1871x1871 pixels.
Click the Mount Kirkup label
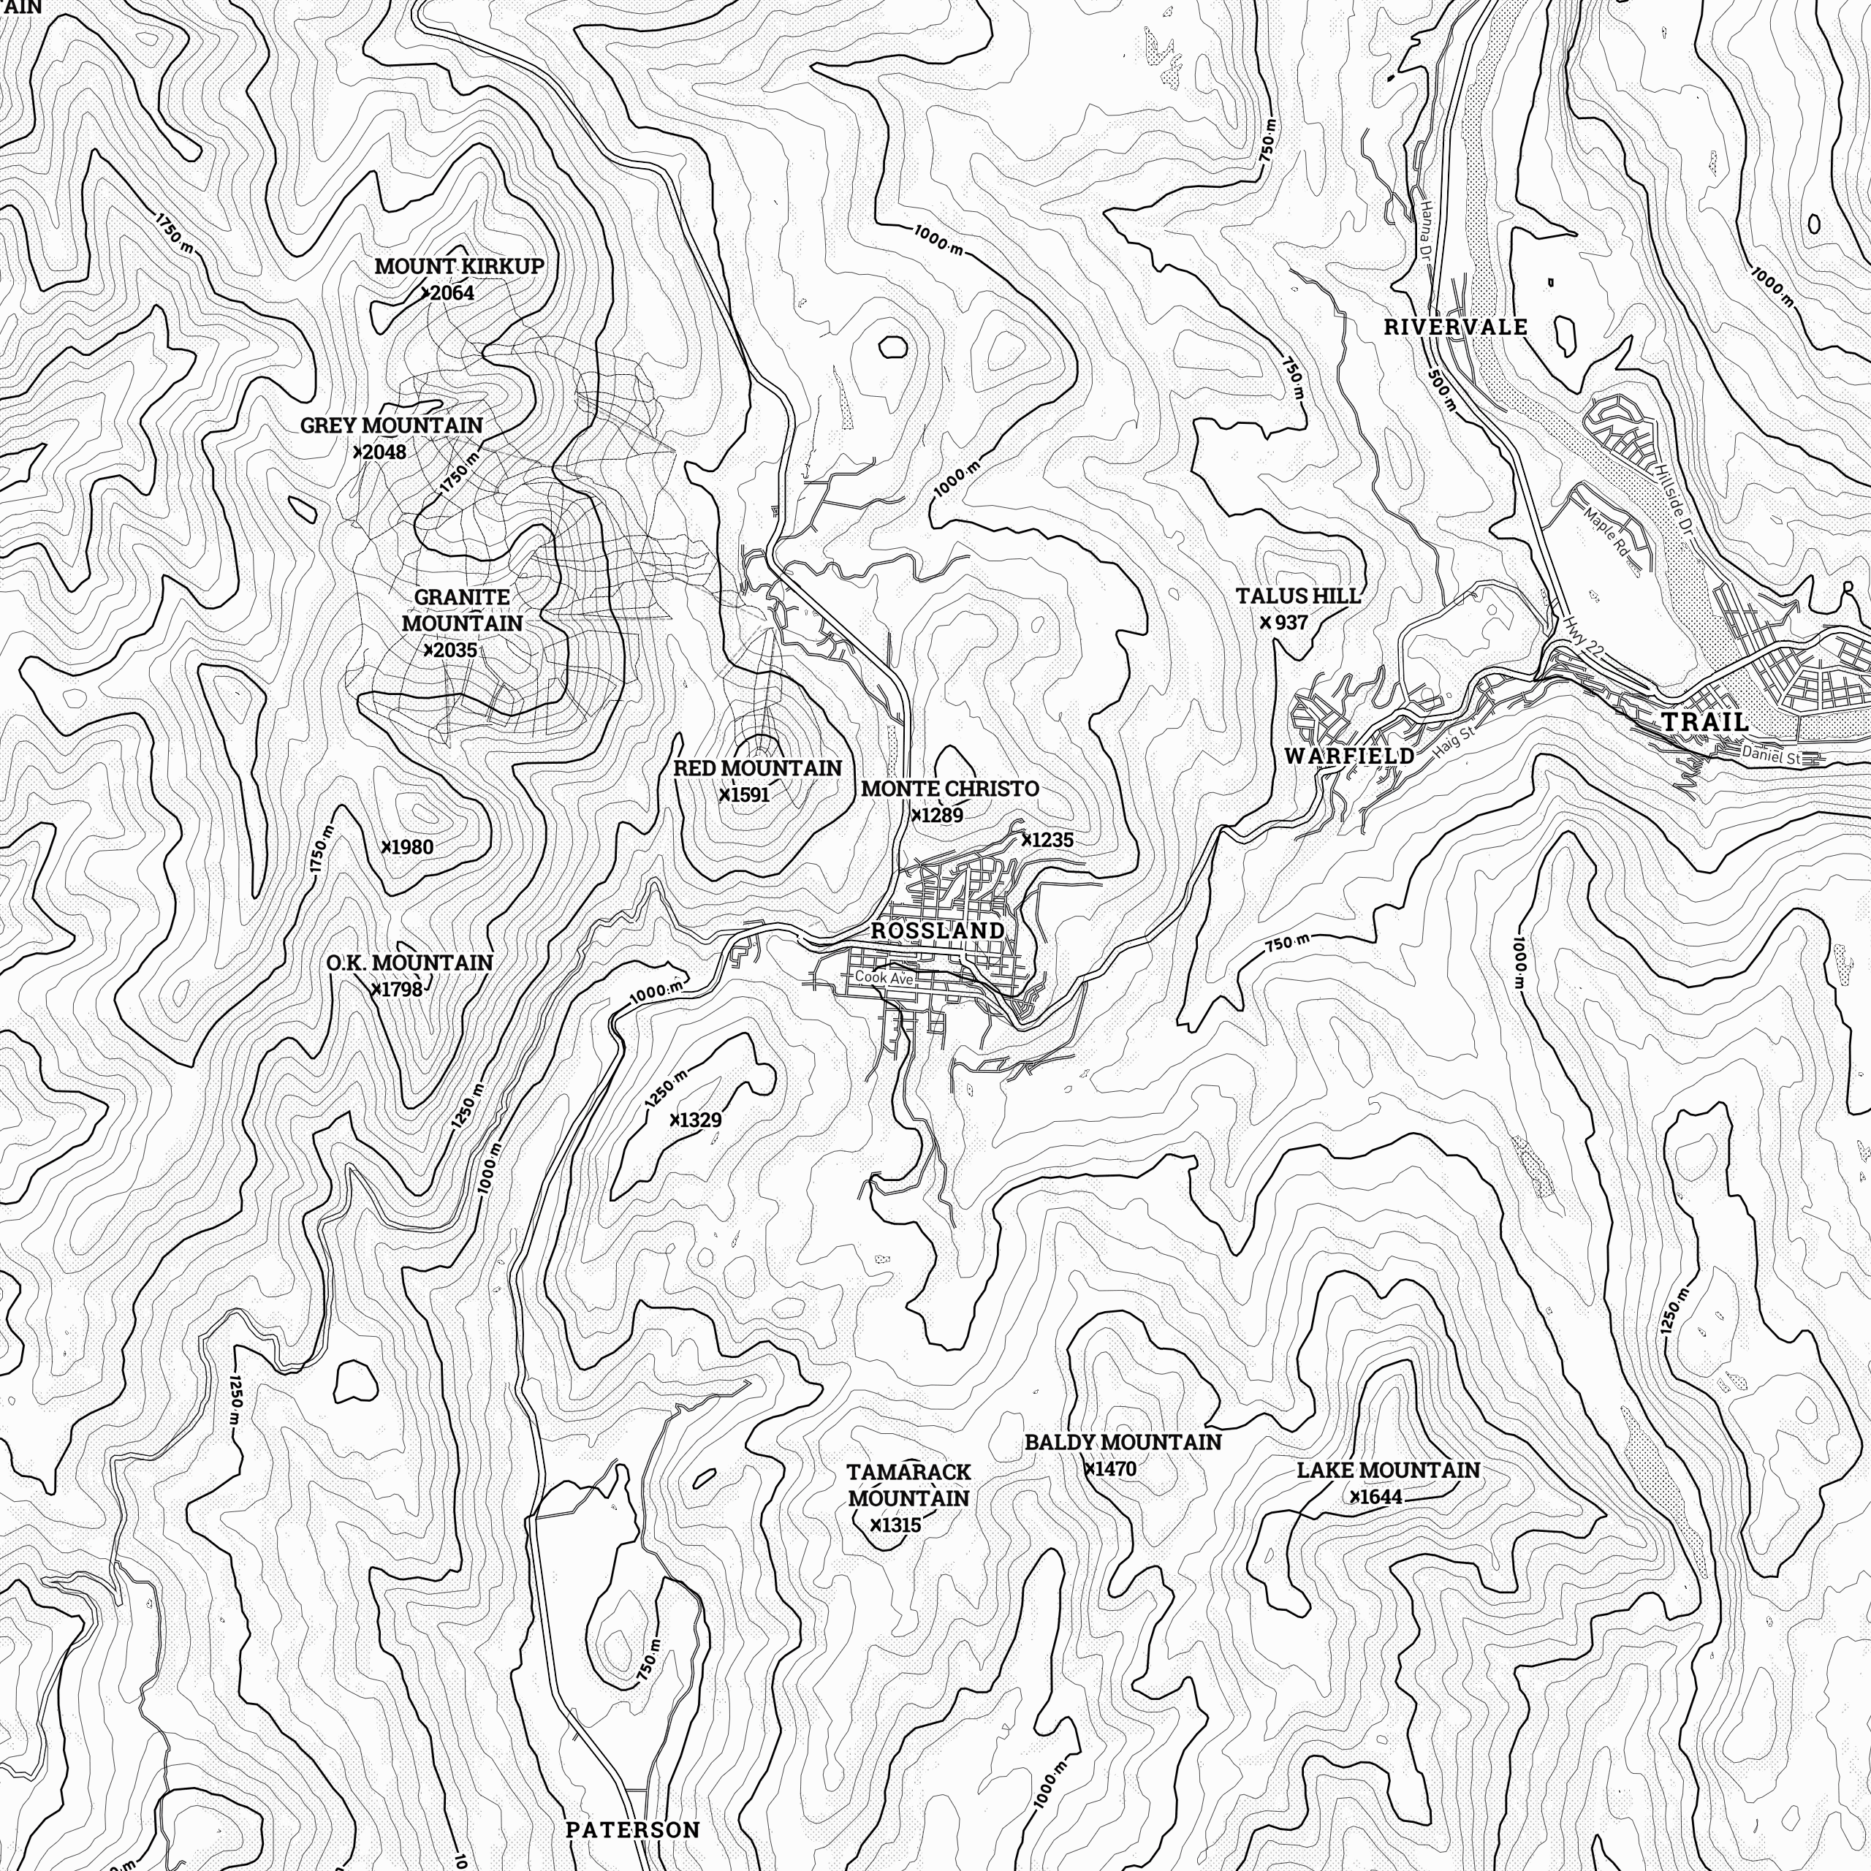459,265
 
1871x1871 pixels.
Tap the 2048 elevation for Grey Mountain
381,452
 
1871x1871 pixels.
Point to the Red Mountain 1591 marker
744,795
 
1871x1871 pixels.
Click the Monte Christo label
949,789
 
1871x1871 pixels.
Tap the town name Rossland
938,930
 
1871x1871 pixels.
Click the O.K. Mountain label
409,963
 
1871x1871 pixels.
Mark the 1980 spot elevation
407,847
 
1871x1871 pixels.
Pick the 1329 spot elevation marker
695,1120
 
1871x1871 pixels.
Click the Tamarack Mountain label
908,1484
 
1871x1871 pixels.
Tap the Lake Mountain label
1388,1470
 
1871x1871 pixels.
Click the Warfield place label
1349,756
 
